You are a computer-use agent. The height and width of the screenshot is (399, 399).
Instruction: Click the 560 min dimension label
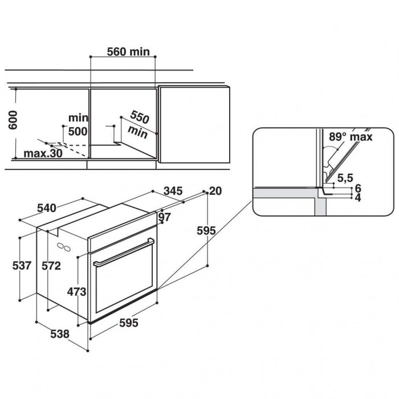128,52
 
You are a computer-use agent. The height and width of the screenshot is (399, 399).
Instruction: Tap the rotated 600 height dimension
13,120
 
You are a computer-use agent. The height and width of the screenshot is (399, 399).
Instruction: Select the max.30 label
43,153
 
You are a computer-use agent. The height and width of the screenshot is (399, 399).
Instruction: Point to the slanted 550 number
140,117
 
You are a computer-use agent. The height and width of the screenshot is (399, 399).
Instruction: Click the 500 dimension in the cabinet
78,132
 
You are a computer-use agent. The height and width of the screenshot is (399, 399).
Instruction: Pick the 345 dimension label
173,191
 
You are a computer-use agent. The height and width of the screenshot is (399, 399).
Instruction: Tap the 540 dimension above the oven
47,208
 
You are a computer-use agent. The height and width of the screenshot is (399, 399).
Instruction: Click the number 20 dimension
215,191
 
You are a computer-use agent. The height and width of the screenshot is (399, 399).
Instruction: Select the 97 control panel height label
165,217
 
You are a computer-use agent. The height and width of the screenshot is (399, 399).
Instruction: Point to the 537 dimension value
22,266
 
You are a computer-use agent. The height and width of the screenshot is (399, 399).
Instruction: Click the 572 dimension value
51,266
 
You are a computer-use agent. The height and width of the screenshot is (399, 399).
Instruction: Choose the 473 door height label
77,292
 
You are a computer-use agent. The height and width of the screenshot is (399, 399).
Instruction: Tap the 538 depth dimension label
60,334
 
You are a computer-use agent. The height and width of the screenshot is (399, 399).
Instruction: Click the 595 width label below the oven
129,323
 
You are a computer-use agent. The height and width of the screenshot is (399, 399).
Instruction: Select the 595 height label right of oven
206,231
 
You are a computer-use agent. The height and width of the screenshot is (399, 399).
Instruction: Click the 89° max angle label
351,137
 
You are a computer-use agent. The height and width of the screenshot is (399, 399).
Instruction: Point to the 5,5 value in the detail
345,178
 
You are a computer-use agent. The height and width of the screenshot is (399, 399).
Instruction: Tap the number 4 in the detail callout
358,198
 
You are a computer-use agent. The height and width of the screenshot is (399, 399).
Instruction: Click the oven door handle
124,252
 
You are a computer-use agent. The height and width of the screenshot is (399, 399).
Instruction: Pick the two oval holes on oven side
64,247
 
